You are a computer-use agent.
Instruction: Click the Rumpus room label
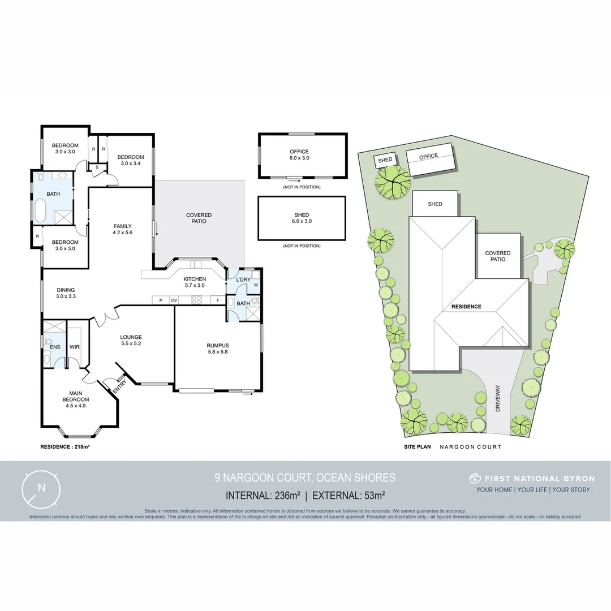click(218, 345)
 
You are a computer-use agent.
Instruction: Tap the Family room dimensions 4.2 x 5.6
click(122, 233)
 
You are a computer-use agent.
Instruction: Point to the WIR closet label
click(74, 347)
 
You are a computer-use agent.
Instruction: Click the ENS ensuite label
click(55, 347)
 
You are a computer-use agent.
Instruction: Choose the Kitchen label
click(195, 279)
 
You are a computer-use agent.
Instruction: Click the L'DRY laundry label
click(243, 279)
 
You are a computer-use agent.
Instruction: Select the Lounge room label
click(131, 337)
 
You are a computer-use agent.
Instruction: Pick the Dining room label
click(66, 290)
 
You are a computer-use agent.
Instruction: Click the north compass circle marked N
click(41, 487)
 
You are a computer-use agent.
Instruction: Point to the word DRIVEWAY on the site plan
click(498, 399)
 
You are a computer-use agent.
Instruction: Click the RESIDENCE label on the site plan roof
click(466, 307)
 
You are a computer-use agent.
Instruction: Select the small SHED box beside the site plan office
click(385, 160)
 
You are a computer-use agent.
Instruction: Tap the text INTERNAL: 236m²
click(263, 496)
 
